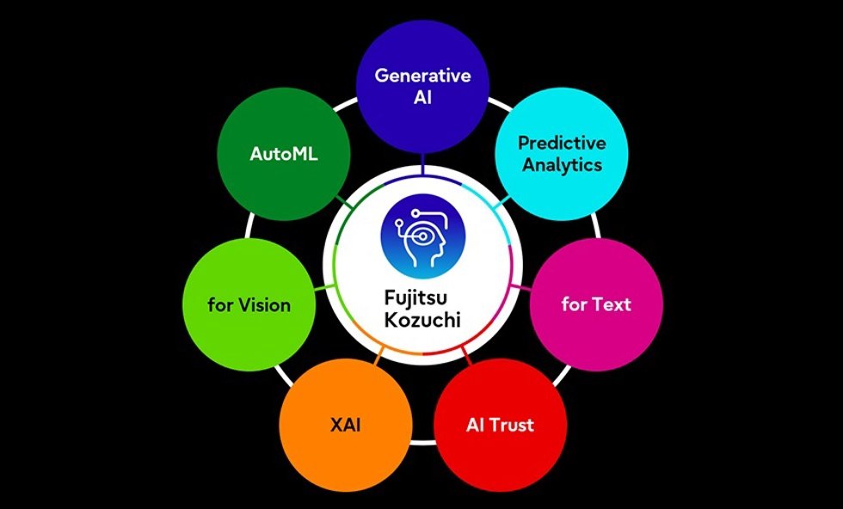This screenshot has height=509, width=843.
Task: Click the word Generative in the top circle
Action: (x=422, y=76)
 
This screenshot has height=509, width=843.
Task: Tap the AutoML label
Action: (x=283, y=154)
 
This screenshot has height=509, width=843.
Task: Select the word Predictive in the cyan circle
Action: (x=562, y=143)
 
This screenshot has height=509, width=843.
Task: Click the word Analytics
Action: (x=562, y=165)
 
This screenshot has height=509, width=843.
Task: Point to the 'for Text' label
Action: (x=596, y=304)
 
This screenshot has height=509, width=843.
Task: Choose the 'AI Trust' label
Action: (x=500, y=425)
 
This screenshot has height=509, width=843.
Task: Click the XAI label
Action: (x=345, y=425)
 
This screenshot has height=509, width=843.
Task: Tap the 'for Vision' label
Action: (x=249, y=305)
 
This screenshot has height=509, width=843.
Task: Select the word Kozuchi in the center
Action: (x=422, y=320)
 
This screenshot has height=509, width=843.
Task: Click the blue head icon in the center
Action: (x=422, y=236)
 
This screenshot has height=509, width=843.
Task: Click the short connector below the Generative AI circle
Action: (x=422, y=164)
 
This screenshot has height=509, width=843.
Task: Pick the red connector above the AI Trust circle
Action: (x=466, y=356)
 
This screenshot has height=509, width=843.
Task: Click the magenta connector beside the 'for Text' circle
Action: (x=520, y=287)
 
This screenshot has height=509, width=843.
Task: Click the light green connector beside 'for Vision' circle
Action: (x=325, y=288)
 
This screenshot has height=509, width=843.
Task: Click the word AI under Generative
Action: (x=422, y=98)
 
